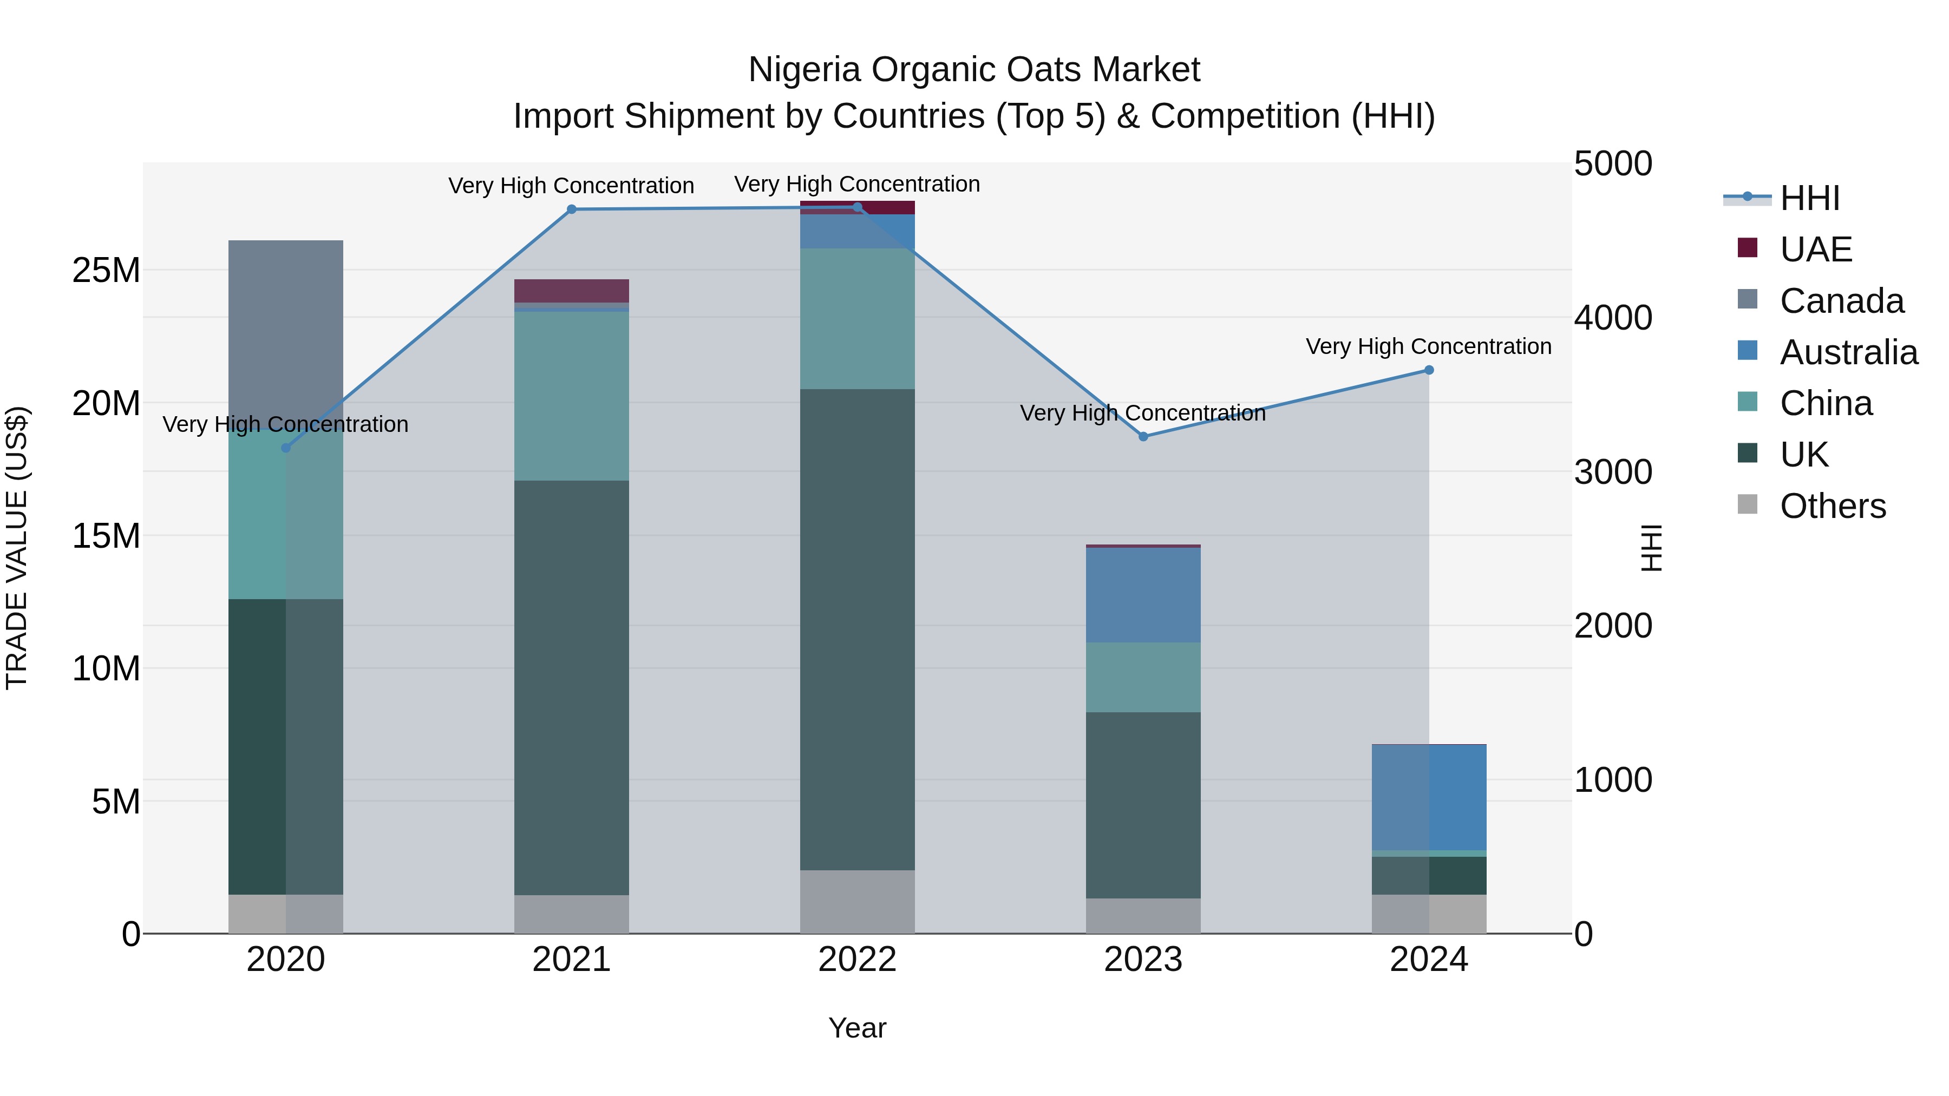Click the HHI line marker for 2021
pos(571,209)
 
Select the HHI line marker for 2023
pos(1143,436)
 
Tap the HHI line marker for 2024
pos(1429,370)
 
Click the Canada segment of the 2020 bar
pos(285,333)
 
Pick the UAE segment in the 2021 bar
pos(571,291)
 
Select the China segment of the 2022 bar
pos(857,318)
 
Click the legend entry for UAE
pos(1815,250)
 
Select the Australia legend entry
pos(1848,352)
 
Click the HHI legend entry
pos(1809,198)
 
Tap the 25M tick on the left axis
pos(106,270)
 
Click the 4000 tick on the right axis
pos(1612,318)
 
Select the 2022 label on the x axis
pos(857,959)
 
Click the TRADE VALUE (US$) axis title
pos(17,548)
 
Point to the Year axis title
pos(857,1028)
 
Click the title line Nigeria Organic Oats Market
pos(974,70)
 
